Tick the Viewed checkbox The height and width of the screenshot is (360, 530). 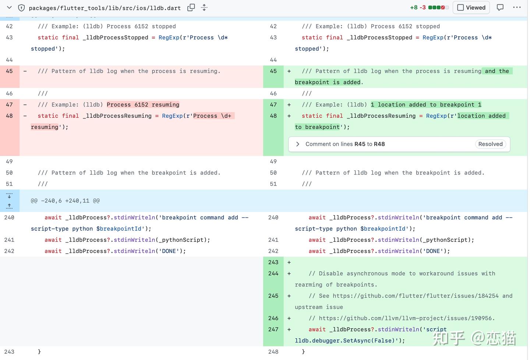[460, 8]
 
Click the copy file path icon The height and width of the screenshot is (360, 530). [191, 8]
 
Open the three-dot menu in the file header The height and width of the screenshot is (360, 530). [517, 7]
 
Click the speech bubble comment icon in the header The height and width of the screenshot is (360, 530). [500, 8]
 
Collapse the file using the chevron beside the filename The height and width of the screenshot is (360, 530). [9, 7]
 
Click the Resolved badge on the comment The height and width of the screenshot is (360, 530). [490, 144]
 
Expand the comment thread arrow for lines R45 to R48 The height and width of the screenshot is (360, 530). [298, 144]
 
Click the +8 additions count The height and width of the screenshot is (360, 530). [414, 8]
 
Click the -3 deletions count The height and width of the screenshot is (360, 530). [423, 8]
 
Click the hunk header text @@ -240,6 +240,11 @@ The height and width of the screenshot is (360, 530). [65, 201]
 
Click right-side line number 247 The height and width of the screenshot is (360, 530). [273, 329]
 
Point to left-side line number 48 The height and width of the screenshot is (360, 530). [9, 116]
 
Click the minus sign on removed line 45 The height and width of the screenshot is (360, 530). [25, 71]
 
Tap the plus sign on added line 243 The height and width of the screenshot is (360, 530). [289, 262]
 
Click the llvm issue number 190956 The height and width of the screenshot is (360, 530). [481, 318]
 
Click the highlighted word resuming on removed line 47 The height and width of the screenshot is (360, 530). [165, 105]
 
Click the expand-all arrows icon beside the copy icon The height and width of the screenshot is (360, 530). [204, 8]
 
